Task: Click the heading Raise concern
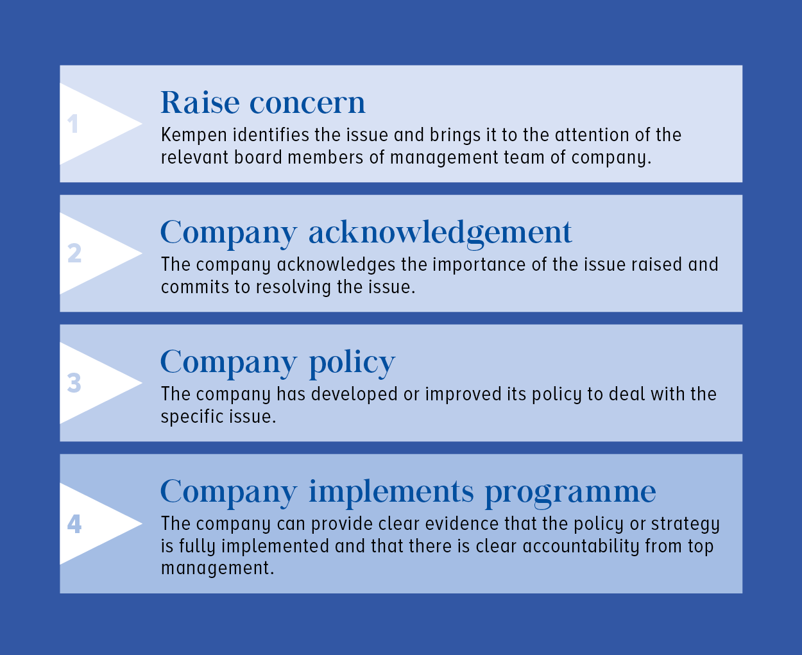click(x=263, y=103)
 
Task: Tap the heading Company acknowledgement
click(x=366, y=234)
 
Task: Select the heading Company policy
click(x=278, y=363)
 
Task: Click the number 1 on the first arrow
click(x=73, y=124)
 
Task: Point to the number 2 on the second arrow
click(x=74, y=253)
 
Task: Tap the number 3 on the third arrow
click(x=74, y=383)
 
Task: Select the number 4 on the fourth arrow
click(x=74, y=524)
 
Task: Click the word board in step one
click(x=258, y=157)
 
